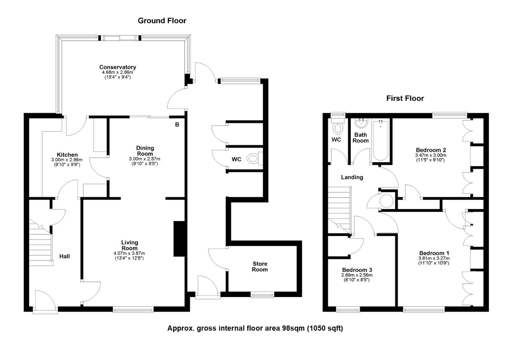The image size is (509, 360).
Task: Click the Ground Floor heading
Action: tap(162, 21)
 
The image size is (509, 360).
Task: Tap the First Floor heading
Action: tap(405, 98)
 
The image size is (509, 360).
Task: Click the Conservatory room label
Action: tap(118, 67)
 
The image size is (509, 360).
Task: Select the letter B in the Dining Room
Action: tap(177, 124)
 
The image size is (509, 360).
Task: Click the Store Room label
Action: tap(260, 267)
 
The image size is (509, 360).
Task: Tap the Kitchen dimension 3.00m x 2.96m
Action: tap(67, 160)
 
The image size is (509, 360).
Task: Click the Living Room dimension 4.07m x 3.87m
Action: tap(129, 253)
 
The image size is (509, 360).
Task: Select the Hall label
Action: tap(65, 256)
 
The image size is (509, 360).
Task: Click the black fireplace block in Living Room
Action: tap(179, 239)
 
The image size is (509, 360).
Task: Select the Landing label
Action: tap(352, 177)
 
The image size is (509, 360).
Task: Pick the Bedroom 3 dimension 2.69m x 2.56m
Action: tap(357, 275)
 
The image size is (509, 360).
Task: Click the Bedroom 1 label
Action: tap(434, 253)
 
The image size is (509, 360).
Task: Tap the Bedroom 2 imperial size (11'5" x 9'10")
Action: tap(430, 160)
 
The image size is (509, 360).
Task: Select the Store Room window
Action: tap(262, 295)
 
